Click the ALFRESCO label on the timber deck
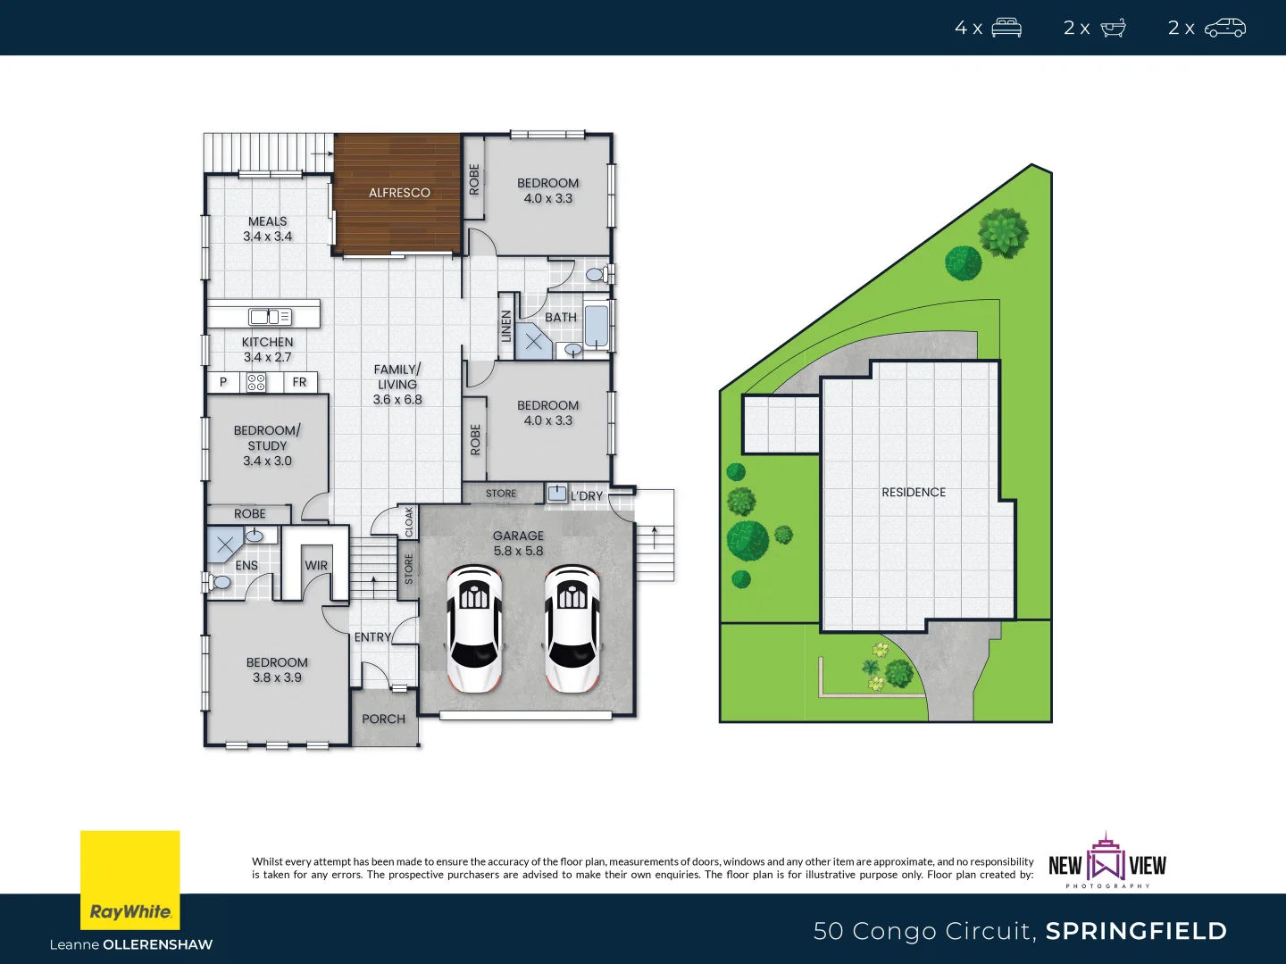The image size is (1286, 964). click(399, 193)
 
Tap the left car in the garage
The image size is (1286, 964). click(473, 628)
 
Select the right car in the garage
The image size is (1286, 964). click(572, 628)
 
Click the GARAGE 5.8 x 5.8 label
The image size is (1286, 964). click(518, 544)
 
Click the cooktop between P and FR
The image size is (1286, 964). click(256, 383)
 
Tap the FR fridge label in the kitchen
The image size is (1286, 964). click(299, 382)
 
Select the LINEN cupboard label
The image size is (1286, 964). click(506, 326)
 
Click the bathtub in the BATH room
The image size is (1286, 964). click(596, 326)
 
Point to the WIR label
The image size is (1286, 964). click(316, 565)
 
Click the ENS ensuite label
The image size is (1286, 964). click(246, 565)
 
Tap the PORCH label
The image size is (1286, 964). click(383, 719)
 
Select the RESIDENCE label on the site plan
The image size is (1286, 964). click(914, 492)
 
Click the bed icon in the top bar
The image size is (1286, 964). click(1006, 28)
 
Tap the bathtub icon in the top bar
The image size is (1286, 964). click(1113, 28)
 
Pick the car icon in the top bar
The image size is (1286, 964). click(1224, 28)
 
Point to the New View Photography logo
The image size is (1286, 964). click(1107, 862)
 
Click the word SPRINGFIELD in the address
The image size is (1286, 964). click(1136, 931)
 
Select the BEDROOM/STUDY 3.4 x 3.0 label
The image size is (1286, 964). click(267, 445)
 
